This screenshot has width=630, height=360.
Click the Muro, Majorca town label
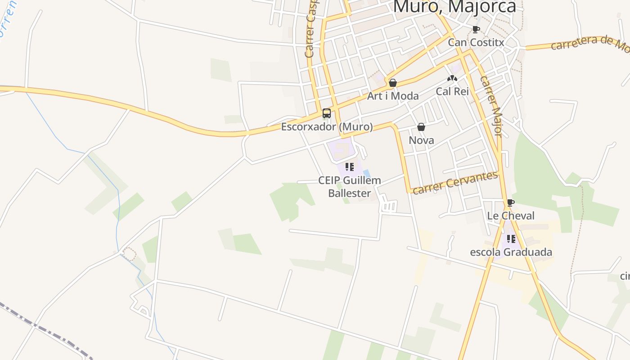tap(454, 6)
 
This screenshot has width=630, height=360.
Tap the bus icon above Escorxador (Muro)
tap(327, 113)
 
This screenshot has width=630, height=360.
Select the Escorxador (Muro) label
tap(327, 127)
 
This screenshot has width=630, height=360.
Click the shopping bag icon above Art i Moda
tap(393, 83)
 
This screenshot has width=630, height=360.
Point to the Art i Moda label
tap(393, 96)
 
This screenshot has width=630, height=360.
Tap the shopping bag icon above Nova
tap(421, 127)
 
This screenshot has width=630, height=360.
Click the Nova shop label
tap(421, 140)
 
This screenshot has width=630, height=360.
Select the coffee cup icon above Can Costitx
tap(476, 30)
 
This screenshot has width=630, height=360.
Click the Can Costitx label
tap(476, 43)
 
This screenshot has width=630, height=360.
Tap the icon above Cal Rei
tap(452, 78)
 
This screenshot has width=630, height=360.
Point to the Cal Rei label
tap(452, 91)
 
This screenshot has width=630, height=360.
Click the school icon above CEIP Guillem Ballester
tap(350, 167)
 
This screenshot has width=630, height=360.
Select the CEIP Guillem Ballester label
tap(350, 187)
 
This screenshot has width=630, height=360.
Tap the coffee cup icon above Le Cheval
tap(510, 202)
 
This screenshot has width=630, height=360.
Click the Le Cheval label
tap(511, 216)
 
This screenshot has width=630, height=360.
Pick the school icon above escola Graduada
tap(511, 239)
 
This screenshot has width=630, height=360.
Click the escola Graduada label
tap(511, 252)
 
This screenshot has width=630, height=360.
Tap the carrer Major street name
tap(491, 106)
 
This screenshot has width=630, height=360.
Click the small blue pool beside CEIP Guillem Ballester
tap(367, 173)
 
